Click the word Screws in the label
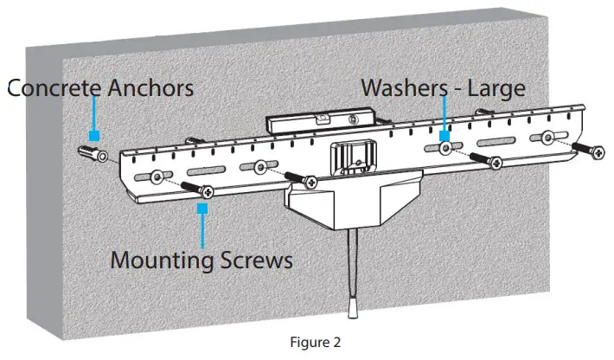[257, 258]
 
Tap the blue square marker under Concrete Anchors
[93, 135]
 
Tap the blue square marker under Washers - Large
[445, 135]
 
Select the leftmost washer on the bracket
[157, 176]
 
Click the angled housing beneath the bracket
[346, 203]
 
